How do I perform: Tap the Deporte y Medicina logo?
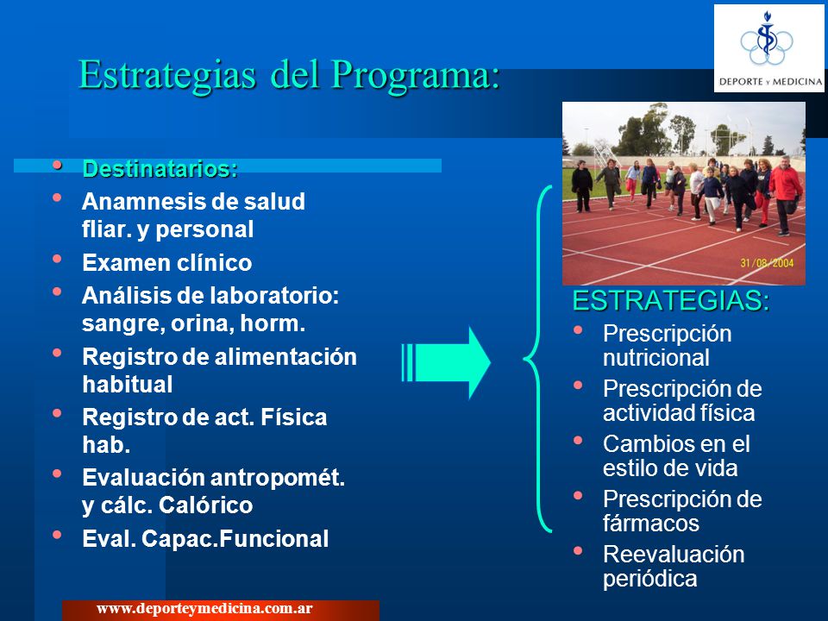(768, 48)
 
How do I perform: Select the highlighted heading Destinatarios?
(160, 169)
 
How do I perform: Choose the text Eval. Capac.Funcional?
(205, 538)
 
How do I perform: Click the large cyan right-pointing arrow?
(446, 363)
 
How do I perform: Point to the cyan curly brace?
(537, 359)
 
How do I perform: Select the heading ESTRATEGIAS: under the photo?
(671, 301)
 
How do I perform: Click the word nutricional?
(655, 358)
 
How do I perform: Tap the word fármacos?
(651, 524)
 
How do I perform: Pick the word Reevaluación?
(674, 555)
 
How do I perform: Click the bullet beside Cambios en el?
(578, 440)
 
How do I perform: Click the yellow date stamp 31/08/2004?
(767, 263)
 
